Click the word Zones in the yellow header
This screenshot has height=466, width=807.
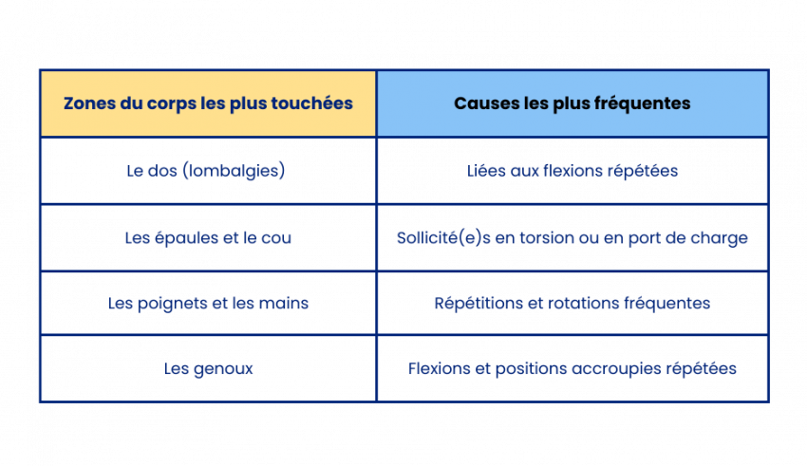[90, 103]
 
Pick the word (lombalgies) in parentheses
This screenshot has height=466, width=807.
[234, 171]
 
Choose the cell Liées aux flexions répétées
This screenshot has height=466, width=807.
[572, 171]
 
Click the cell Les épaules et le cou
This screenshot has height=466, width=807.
[208, 237]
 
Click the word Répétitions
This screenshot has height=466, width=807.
[479, 304]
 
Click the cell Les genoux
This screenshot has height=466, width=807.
[209, 369]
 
